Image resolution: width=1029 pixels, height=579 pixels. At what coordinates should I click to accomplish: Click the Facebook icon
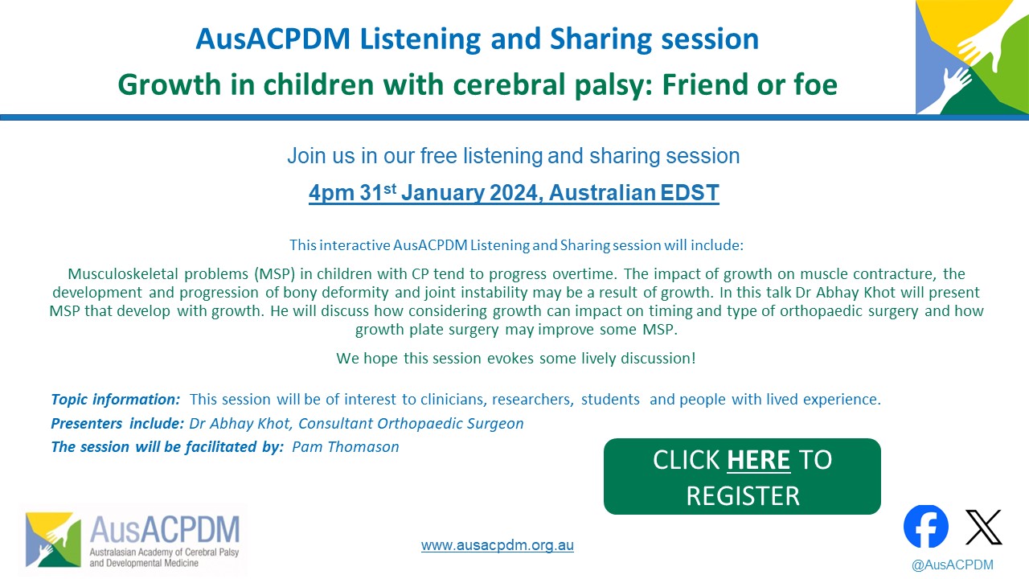925,526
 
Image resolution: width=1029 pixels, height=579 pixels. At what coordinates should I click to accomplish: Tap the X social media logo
983,527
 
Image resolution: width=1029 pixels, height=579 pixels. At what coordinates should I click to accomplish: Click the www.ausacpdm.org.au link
498,545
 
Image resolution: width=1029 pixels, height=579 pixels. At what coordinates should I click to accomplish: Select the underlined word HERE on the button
758,459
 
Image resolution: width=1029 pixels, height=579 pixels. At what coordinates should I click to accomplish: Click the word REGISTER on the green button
743,496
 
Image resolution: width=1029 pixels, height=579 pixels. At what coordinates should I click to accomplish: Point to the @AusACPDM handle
953,565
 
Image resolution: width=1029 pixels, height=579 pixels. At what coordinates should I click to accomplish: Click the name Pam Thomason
346,446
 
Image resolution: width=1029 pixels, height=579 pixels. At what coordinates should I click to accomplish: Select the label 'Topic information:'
115,400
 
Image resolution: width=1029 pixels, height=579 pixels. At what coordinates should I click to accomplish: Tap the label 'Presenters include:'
117,423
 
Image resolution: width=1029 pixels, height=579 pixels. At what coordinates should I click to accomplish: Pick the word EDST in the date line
690,192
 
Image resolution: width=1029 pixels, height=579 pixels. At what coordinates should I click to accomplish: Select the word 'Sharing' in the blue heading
601,39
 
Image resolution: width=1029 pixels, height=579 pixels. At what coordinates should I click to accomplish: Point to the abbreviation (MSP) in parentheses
274,274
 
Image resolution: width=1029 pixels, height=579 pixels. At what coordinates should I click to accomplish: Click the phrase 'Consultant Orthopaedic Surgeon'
411,423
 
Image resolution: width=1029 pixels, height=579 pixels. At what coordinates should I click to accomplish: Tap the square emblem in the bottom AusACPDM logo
53,540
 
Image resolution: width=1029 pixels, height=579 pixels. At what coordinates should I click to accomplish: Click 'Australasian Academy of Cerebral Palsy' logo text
164,552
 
